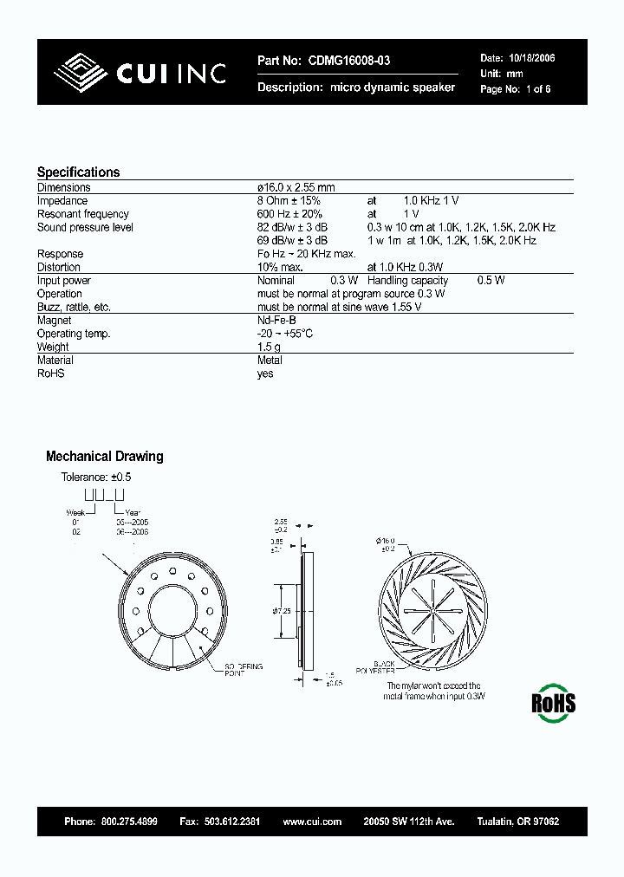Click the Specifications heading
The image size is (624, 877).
tap(78, 172)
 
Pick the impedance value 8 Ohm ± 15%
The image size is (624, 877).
tap(289, 200)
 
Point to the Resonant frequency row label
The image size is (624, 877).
tap(82, 214)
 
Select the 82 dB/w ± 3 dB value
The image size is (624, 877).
tap(293, 227)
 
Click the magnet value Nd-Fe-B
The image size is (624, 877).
tap(276, 320)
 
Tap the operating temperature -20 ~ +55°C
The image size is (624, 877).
tap(285, 334)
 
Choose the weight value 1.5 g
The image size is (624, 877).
tap(269, 347)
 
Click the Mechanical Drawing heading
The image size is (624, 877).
tap(104, 457)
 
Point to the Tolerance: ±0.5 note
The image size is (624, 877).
tap(95, 477)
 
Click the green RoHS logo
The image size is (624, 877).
tap(554, 701)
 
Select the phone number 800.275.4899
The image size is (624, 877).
tap(129, 821)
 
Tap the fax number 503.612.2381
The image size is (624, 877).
tap(231, 821)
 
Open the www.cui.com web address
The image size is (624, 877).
tap(312, 821)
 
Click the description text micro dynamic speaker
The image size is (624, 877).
tap(393, 88)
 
